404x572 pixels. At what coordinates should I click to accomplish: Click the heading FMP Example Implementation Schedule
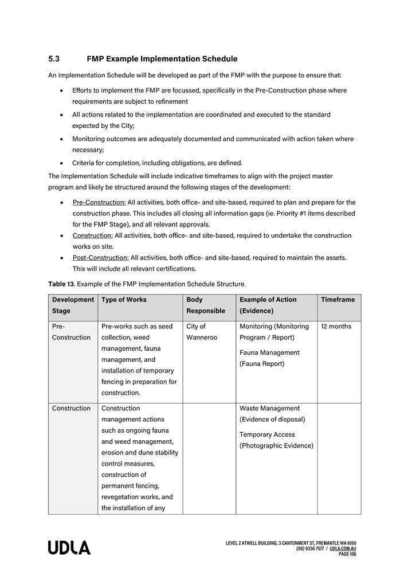click(x=162, y=59)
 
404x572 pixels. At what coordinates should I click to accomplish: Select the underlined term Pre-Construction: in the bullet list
click(x=99, y=202)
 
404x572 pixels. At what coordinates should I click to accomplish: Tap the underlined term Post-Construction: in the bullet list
click(x=100, y=257)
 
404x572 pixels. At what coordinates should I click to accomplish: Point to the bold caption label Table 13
click(x=61, y=284)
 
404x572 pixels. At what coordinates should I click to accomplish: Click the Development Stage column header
click(x=73, y=305)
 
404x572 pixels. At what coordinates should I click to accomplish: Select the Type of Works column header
click(x=124, y=300)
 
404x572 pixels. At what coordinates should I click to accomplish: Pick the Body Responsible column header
click(x=206, y=305)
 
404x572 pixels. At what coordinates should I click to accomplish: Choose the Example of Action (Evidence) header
click(x=268, y=305)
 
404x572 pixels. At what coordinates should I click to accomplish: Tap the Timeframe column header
click(x=338, y=300)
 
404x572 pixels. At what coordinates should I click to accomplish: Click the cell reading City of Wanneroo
click(x=202, y=332)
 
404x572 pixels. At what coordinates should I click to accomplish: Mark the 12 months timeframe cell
click(x=336, y=327)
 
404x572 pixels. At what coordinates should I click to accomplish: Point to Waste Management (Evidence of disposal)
click(x=272, y=414)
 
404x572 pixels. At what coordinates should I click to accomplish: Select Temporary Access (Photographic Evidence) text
click(x=276, y=440)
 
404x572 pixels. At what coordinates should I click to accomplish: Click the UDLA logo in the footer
click(x=69, y=548)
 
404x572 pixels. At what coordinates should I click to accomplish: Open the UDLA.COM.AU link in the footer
click(x=343, y=549)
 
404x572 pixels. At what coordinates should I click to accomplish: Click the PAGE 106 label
click(x=347, y=554)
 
